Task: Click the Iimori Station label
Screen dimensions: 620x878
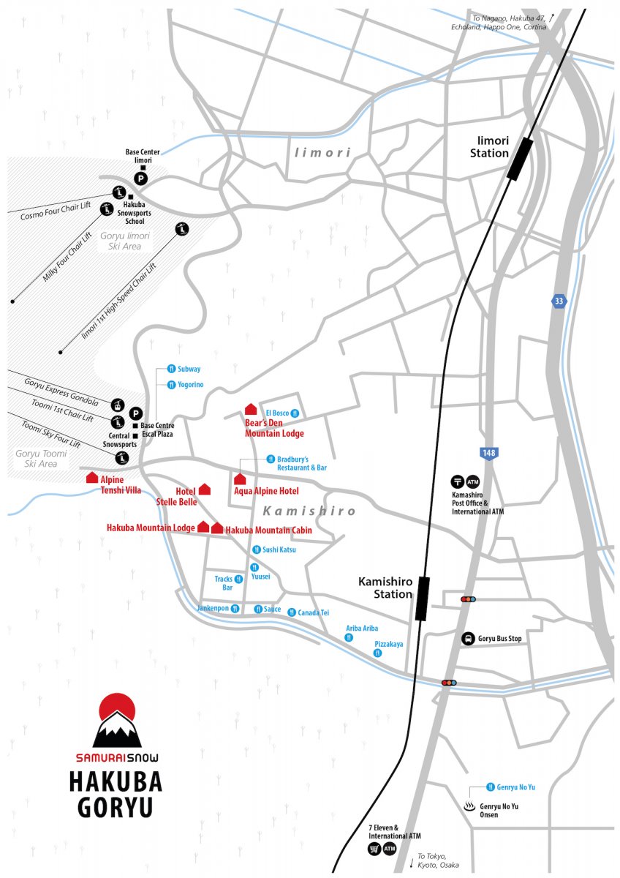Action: tap(489, 146)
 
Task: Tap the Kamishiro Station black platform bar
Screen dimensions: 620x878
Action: tap(422, 599)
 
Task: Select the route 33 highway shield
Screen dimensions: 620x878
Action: tap(559, 301)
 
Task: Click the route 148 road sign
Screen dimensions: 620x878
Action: tap(488, 453)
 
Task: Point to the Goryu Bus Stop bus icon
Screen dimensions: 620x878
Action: tap(468, 639)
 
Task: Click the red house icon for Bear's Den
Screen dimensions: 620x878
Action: tap(251, 409)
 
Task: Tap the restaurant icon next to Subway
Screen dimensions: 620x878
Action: tap(171, 369)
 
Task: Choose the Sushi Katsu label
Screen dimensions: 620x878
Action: tap(279, 549)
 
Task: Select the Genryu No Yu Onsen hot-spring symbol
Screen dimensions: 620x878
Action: tap(469, 806)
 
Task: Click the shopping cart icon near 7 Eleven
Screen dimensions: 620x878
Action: tap(374, 849)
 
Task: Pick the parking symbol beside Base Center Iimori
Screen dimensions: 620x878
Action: tap(141, 179)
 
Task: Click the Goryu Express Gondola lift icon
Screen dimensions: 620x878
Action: tap(118, 405)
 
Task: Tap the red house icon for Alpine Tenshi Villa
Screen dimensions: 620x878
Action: tap(92, 477)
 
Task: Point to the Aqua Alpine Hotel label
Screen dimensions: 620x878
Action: tap(266, 491)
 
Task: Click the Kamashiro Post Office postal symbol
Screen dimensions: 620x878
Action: tap(457, 481)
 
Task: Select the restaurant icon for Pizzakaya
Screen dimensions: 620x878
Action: tap(377, 653)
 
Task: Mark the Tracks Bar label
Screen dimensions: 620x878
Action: tap(224, 583)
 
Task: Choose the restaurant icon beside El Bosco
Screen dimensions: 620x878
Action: tap(295, 413)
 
